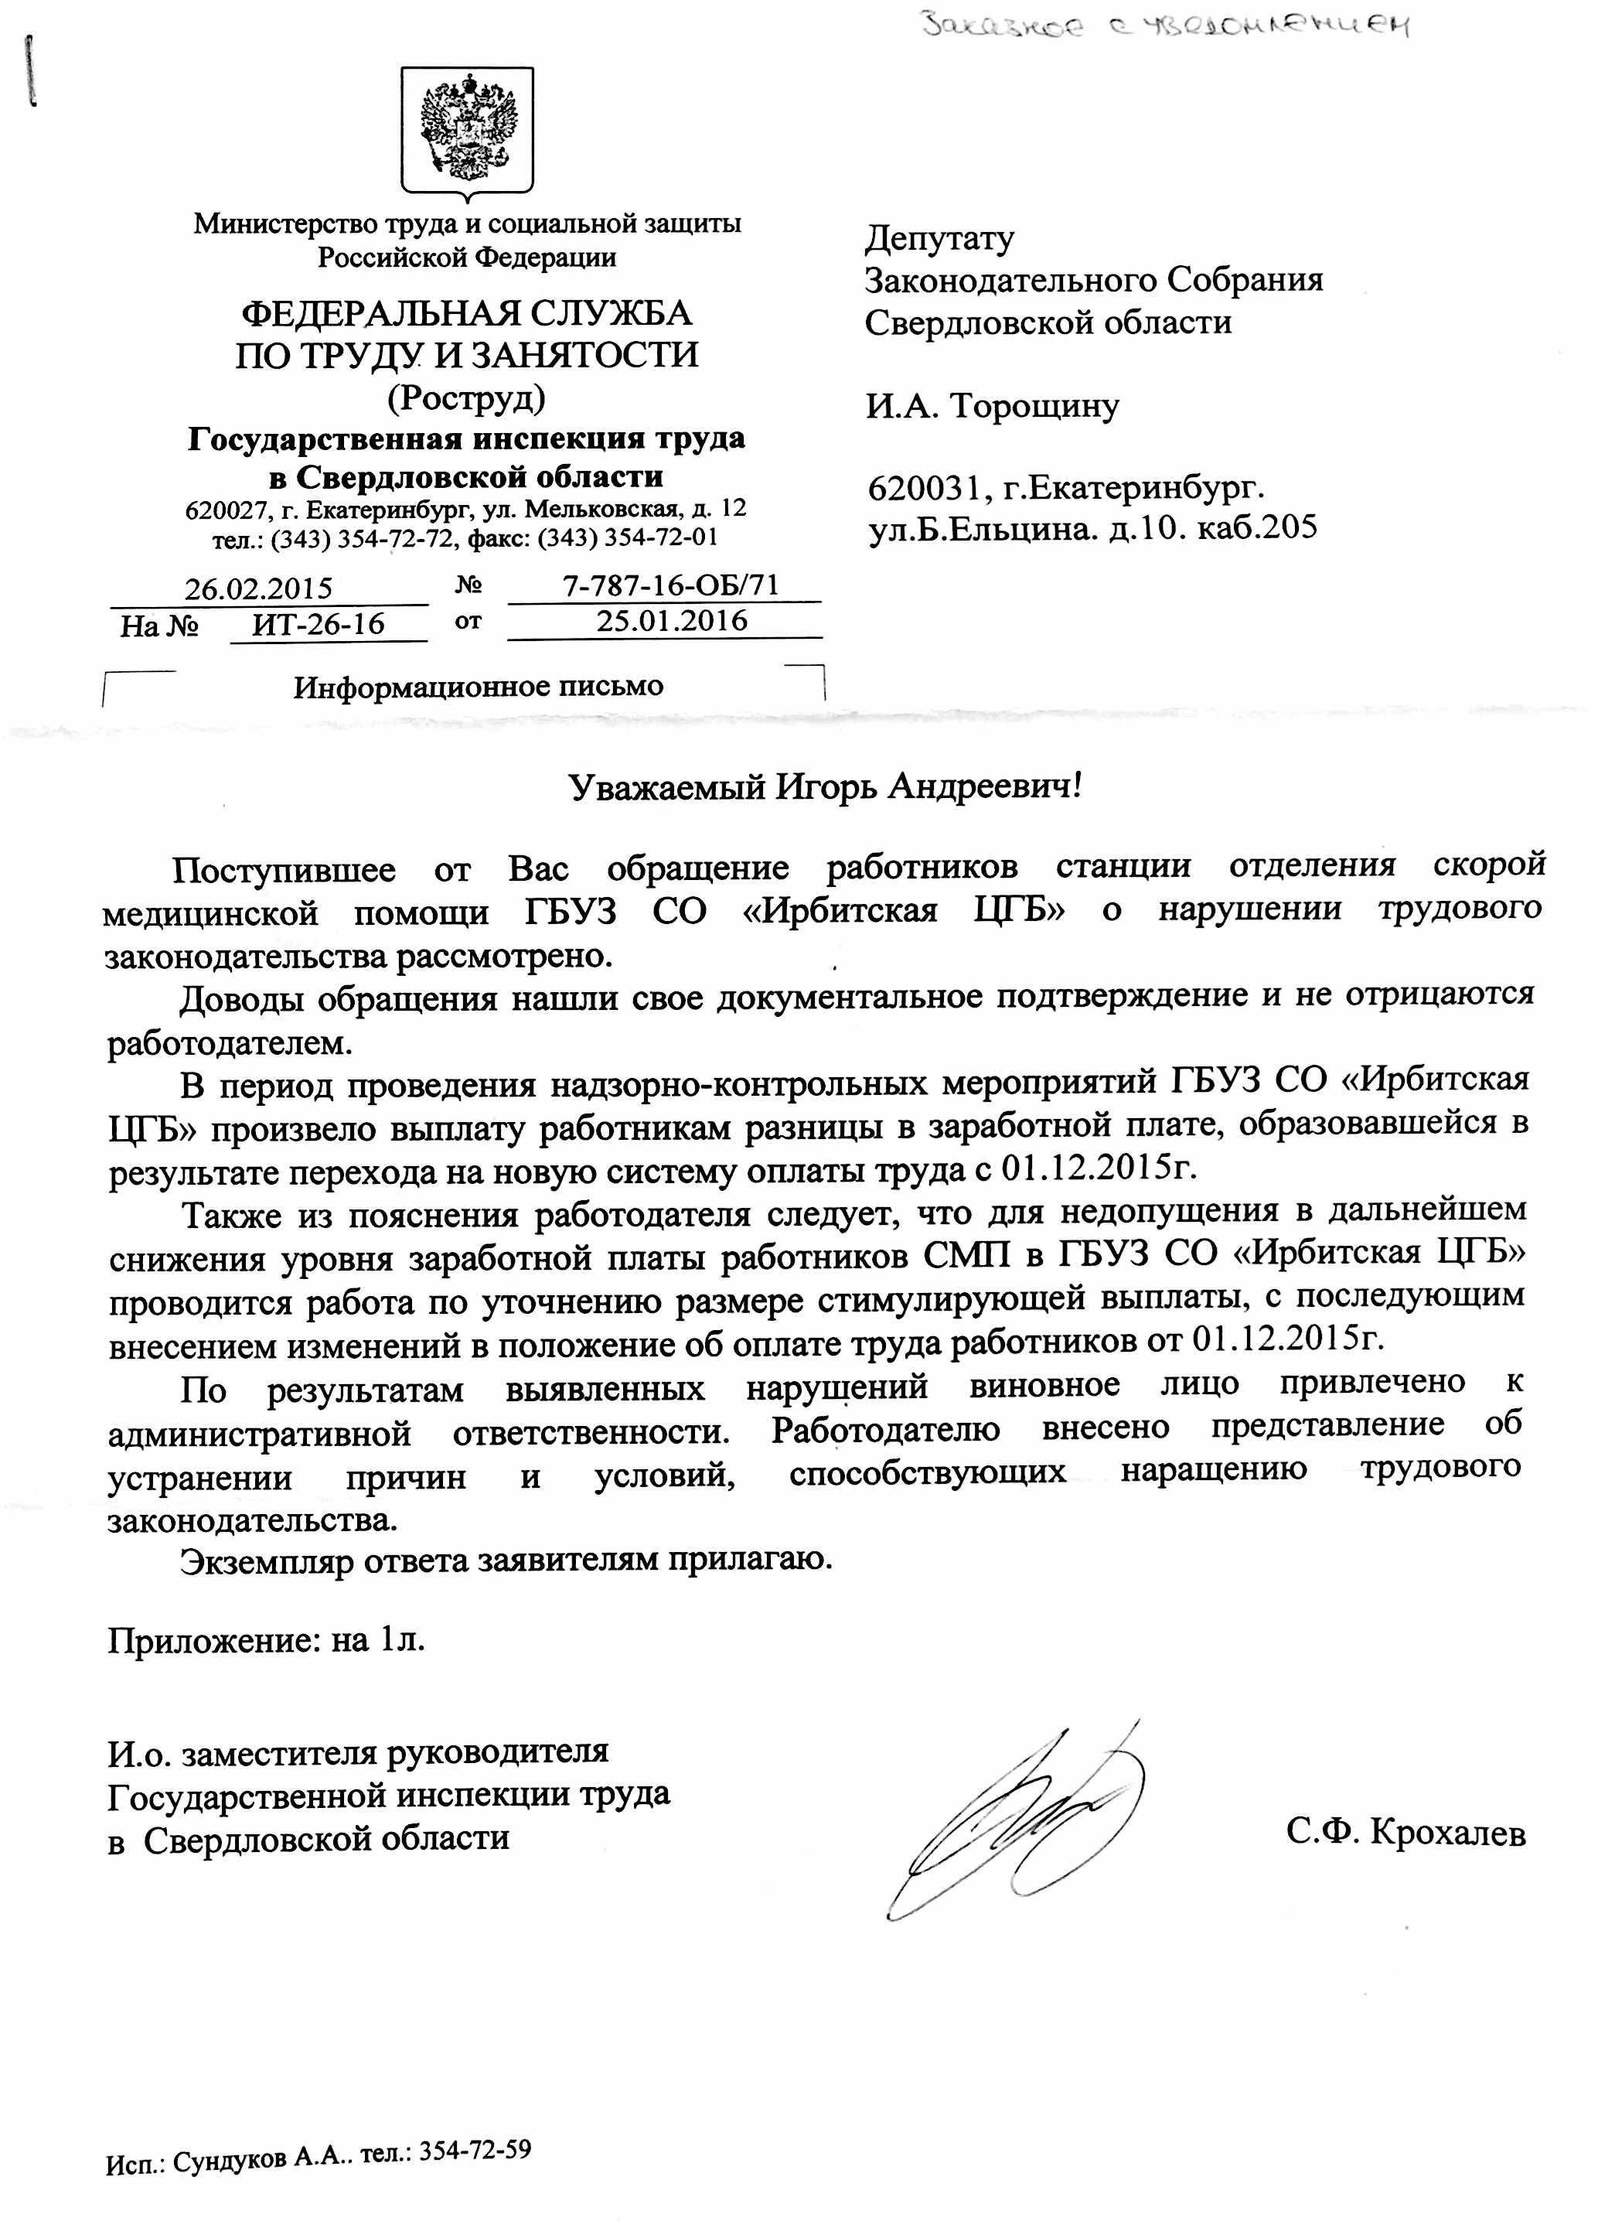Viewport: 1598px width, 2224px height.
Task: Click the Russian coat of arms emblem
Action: click(468, 128)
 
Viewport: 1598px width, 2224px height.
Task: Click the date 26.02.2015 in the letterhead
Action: click(259, 588)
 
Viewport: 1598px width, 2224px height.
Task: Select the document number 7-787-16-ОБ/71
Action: click(670, 585)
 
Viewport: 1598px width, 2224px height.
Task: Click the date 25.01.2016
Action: click(672, 621)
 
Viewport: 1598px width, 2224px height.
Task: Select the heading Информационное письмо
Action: click(479, 687)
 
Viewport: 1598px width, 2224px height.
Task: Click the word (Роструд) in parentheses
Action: click(467, 397)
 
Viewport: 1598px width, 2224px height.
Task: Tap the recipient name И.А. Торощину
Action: click(991, 405)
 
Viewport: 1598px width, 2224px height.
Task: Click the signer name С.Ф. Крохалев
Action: click(1405, 1832)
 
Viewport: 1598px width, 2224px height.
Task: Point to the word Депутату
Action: click(939, 238)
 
